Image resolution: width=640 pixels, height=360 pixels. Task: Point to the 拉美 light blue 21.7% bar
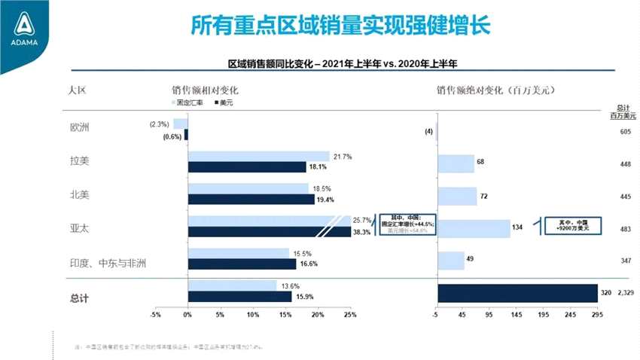[258, 157]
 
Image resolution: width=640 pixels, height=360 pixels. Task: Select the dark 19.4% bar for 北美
[251, 200]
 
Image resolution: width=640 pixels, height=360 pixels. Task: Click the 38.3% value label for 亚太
[361, 233]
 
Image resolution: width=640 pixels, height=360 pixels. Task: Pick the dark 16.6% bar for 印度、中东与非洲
[242, 264]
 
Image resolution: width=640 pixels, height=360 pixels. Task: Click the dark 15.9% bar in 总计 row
[239, 297]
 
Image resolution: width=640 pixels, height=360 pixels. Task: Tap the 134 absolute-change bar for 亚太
[474, 227]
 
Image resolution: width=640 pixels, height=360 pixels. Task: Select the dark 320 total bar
[517, 292]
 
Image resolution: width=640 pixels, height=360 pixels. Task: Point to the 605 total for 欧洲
[625, 131]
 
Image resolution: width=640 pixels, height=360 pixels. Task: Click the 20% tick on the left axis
[317, 315]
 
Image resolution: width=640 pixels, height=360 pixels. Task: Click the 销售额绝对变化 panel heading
[495, 90]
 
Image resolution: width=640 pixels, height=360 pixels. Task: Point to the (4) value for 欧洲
[428, 132]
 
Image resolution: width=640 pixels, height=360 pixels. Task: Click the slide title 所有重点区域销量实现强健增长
[340, 26]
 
